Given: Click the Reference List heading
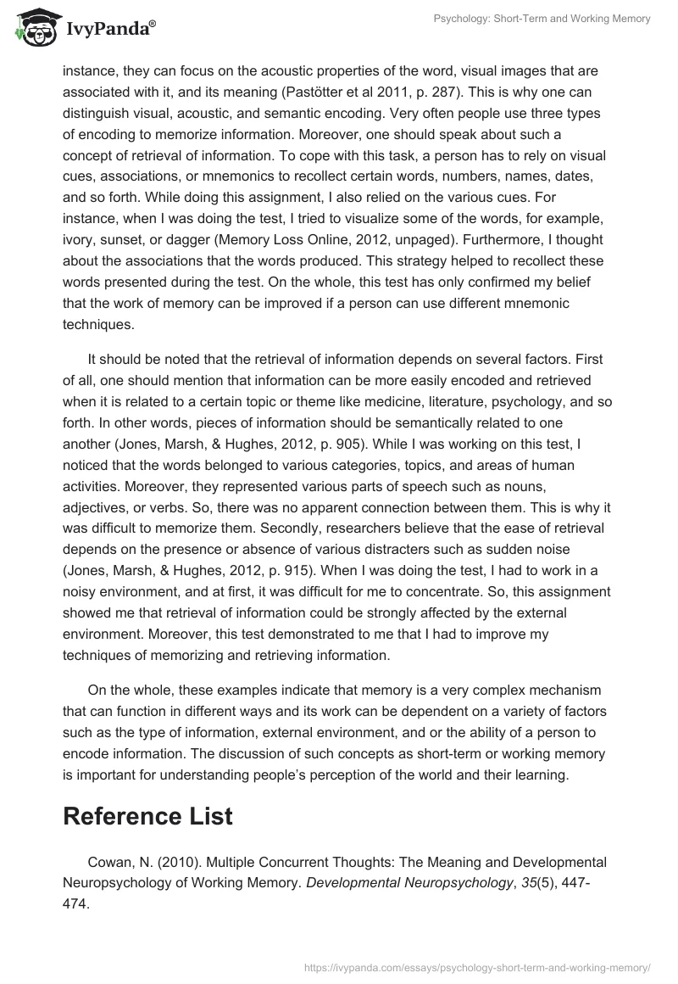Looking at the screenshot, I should coord(147,816).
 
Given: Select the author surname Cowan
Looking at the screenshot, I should coord(108,862).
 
